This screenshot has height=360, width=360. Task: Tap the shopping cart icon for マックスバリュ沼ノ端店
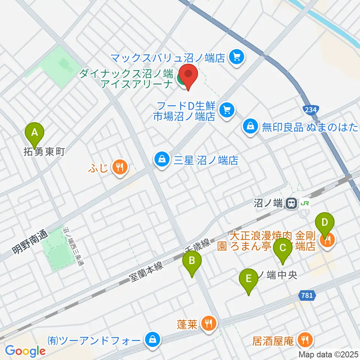pyautogui.click(x=237, y=57)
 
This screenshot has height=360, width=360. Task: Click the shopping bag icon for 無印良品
pyautogui.click(x=250, y=126)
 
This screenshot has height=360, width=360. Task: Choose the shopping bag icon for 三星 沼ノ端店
pyautogui.click(x=161, y=160)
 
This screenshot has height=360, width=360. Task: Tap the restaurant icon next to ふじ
pyautogui.click(x=120, y=166)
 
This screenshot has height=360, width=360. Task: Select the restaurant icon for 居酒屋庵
pyautogui.click(x=303, y=340)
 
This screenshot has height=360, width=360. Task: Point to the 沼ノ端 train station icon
pyautogui.click(x=290, y=204)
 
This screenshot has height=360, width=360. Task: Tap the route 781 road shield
pyautogui.click(x=307, y=295)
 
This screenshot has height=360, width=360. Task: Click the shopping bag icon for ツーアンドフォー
pyautogui.click(x=153, y=340)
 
